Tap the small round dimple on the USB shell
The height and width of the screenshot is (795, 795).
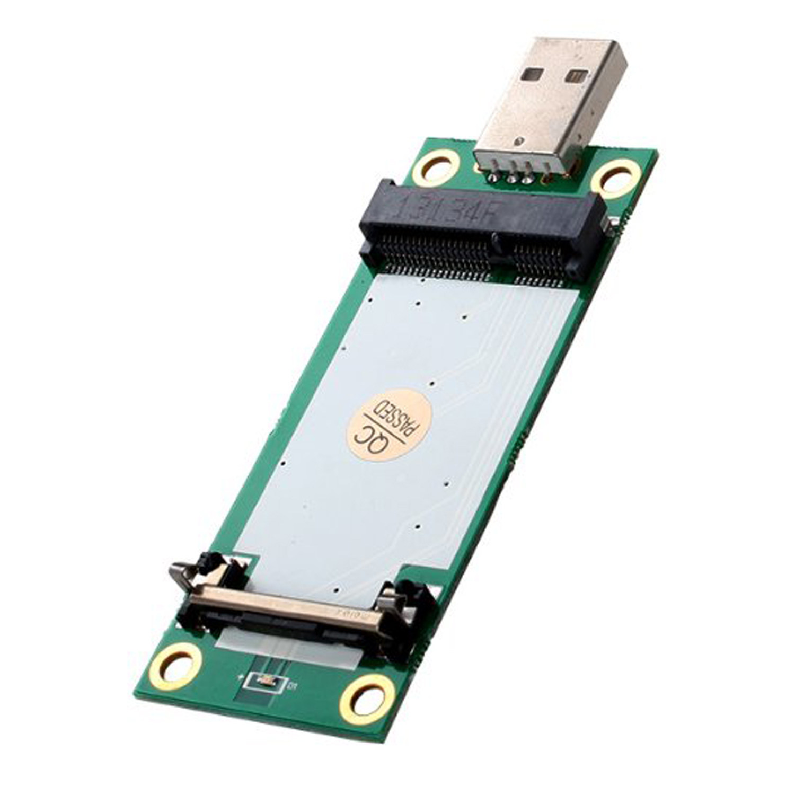523,142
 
